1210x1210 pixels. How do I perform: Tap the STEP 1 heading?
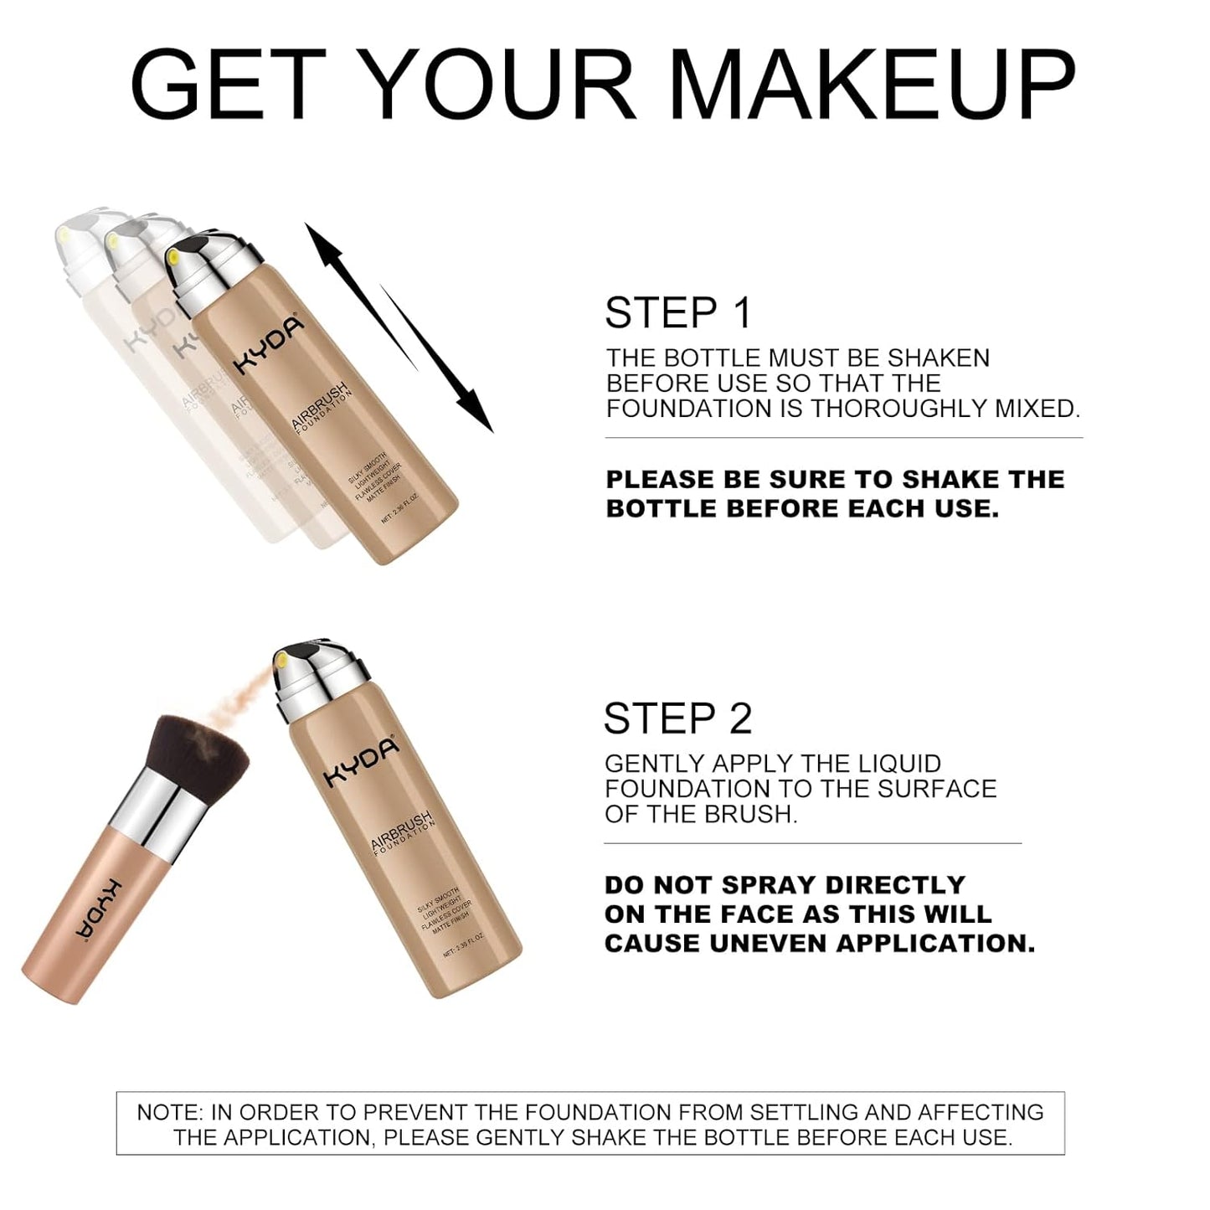click(x=677, y=313)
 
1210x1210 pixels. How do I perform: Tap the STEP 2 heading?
click(x=677, y=718)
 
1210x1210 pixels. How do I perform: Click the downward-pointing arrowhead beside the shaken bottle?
click(x=477, y=414)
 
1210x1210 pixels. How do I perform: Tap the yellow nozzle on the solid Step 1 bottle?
click(x=173, y=257)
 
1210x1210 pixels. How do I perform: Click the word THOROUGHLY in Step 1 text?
click(x=899, y=409)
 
